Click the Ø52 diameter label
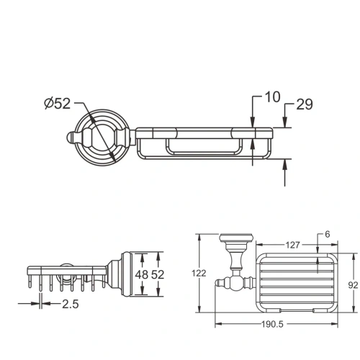[55, 104]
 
